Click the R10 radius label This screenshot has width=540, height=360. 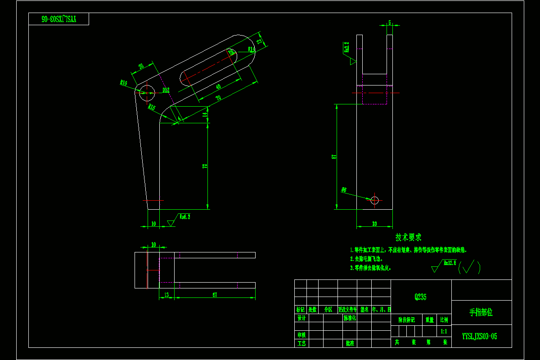tap(123, 83)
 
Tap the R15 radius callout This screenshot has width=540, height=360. tap(152, 108)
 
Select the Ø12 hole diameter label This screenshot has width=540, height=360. tap(166, 90)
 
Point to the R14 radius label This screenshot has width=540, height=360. tap(251, 49)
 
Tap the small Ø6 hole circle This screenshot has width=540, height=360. tap(375, 200)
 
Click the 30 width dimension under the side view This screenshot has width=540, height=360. tap(374, 223)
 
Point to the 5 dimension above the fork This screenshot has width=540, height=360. tap(389, 22)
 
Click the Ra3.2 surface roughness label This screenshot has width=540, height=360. tap(346, 47)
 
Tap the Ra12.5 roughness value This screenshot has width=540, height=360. tap(450, 262)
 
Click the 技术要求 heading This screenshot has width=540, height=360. tap(409, 237)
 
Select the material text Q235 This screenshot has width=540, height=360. tap(420, 297)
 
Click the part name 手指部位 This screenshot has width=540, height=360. tap(481, 312)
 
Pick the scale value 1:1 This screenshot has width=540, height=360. tap(444, 331)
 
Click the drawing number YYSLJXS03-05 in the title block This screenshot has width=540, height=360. tap(480, 336)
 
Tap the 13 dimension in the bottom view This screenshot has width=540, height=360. tap(166, 295)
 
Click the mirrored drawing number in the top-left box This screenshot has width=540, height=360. tap(59, 19)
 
